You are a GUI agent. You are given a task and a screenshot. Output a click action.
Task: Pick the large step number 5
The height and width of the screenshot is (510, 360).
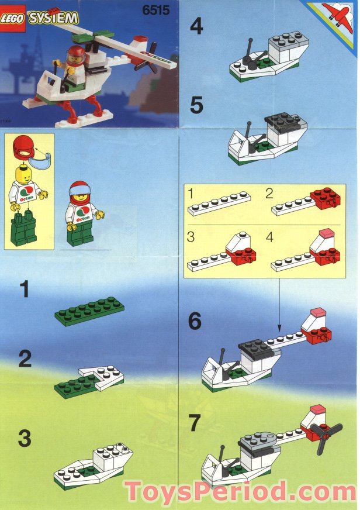(x=197, y=106)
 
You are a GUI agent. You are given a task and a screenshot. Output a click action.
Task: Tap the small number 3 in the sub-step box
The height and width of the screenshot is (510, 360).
(x=191, y=237)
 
